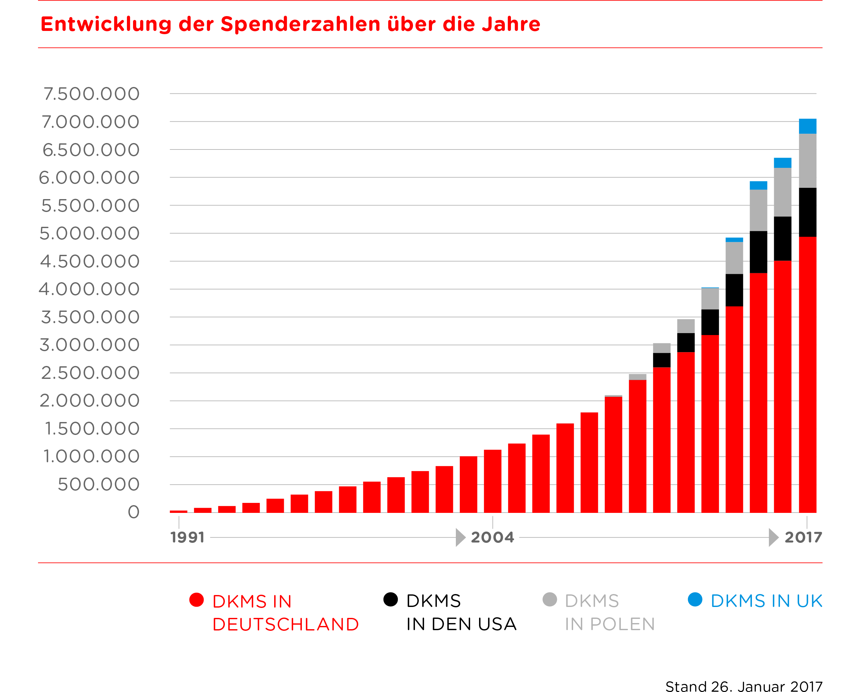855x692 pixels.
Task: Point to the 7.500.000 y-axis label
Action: point(91,94)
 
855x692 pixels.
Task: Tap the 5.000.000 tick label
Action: point(89,234)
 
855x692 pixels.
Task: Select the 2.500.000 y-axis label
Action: point(90,373)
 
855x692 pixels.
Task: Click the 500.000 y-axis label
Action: point(99,485)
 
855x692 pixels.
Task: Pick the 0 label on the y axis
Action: point(133,512)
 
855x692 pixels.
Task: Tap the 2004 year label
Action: point(492,537)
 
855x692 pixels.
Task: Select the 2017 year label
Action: point(803,537)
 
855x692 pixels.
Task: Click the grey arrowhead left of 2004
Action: point(460,537)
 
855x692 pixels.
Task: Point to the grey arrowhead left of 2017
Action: point(773,537)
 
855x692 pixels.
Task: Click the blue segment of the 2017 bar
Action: point(808,126)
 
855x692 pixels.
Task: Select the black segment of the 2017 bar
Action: point(808,212)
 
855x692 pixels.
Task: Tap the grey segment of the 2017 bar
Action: point(808,161)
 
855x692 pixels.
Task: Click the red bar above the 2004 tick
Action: point(492,481)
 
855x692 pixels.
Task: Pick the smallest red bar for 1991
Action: point(178,511)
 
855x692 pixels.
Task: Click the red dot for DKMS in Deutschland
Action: point(197,600)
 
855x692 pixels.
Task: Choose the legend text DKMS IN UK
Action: point(766,601)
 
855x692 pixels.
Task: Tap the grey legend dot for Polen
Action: point(550,600)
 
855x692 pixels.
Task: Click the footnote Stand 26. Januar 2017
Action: point(744,686)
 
